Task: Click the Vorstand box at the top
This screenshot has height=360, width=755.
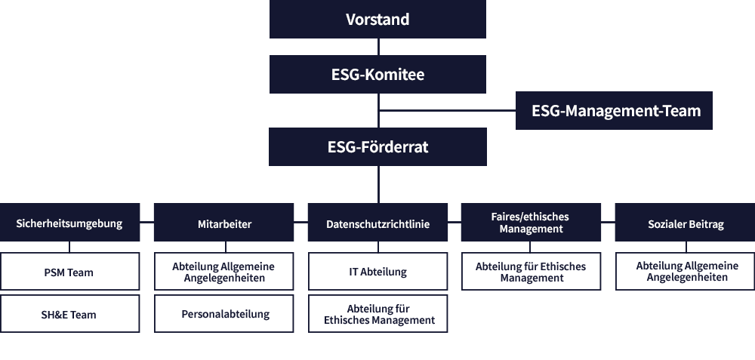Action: pyautogui.click(x=377, y=20)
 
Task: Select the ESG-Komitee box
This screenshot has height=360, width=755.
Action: pyautogui.click(x=377, y=74)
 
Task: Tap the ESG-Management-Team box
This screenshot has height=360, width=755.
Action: pyautogui.click(x=614, y=111)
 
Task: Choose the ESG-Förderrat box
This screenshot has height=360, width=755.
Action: pyautogui.click(x=377, y=146)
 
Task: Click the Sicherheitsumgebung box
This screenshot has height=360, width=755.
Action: pyautogui.click(x=69, y=223)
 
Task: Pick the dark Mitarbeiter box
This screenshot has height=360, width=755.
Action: pyautogui.click(x=224, y=223)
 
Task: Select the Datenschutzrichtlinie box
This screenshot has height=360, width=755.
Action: pyautogui.click(x=378, y=223)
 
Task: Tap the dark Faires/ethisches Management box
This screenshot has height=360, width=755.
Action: pyautogui.click(x=531, y=223)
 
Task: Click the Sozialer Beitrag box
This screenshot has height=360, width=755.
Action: pyautogui.click(x=686, y=223)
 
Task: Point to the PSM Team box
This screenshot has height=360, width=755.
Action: pyautogui.click(x=69, y=272)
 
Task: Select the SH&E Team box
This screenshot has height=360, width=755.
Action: pyautogui.click(x=69, y=313)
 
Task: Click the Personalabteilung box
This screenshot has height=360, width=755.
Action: pyautogui.click(x=224, y=313)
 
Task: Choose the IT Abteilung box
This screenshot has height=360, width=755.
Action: pyautogui.click(x=378, y=272)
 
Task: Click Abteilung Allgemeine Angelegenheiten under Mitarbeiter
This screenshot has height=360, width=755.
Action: pyautogui.click(x=224, y=272)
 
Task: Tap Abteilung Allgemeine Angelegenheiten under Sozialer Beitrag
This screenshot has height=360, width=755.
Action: pyautogui.click(x=686, y=272)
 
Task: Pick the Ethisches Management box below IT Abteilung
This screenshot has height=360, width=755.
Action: pyautogui.click(x=378, y=313)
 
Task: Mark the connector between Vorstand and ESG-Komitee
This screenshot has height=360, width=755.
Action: pyautogui.click(x=378, y=47)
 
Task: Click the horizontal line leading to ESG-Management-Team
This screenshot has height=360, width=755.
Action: pyautogui.click(x=447, y=111)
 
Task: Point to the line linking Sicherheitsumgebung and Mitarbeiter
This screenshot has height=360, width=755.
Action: pyautogui.click(x=147, y=223)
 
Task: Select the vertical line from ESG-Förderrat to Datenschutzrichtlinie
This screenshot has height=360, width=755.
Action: pyautogui.click(x=378, y=184)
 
